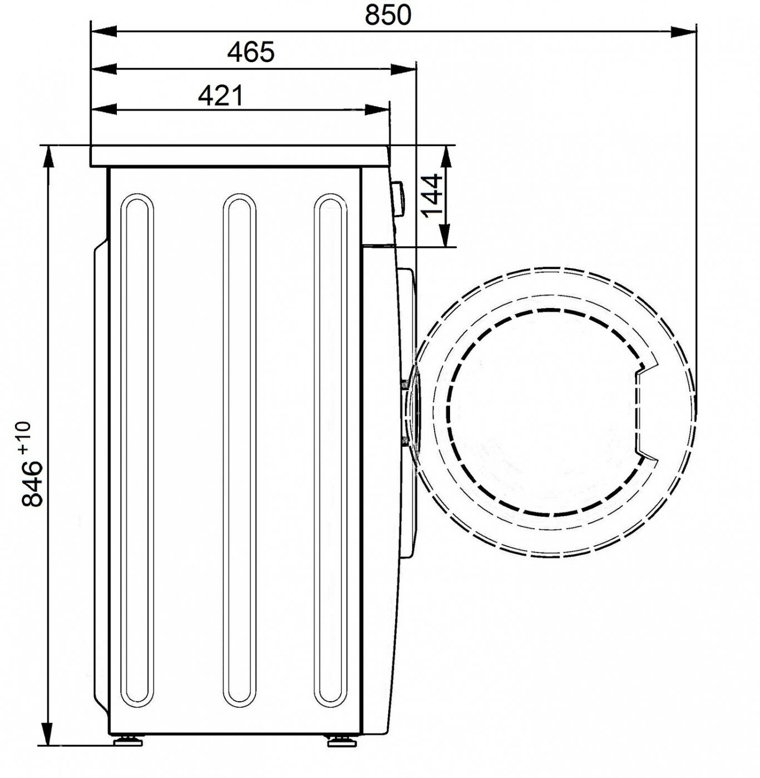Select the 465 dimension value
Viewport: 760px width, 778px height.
tap(251, 52)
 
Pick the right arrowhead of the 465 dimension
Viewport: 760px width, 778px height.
tap(403, 69)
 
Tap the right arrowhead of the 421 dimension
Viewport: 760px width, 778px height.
tap(377, 109)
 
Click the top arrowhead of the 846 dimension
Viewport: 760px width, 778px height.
tap(48, 159)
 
